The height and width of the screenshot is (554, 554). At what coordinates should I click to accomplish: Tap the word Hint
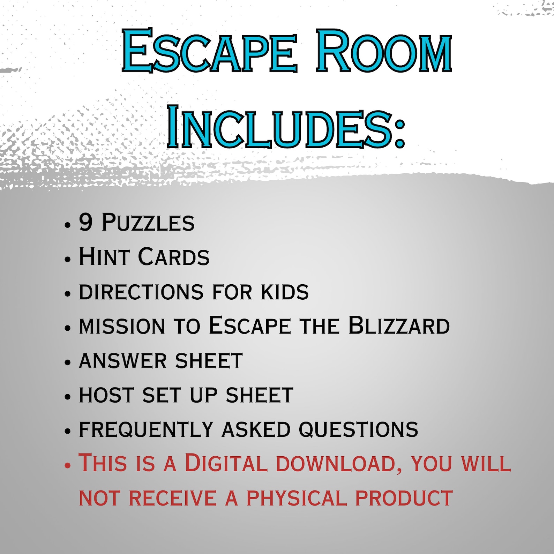coord(104,257)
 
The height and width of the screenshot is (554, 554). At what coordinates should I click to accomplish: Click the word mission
coord(122,326)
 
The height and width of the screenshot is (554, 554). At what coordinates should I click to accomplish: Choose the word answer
coord(123,361)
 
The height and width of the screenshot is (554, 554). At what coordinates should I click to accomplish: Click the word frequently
coord(146,429)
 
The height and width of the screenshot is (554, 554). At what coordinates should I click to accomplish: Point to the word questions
coord(358,429)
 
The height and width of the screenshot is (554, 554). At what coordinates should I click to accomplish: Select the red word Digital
coord(226,463)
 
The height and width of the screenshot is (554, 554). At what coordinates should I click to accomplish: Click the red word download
coord(338,464)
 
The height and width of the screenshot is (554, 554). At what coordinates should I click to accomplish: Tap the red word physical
coord(297,498)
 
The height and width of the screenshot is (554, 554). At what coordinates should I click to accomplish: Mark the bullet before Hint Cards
coord(68,259)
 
